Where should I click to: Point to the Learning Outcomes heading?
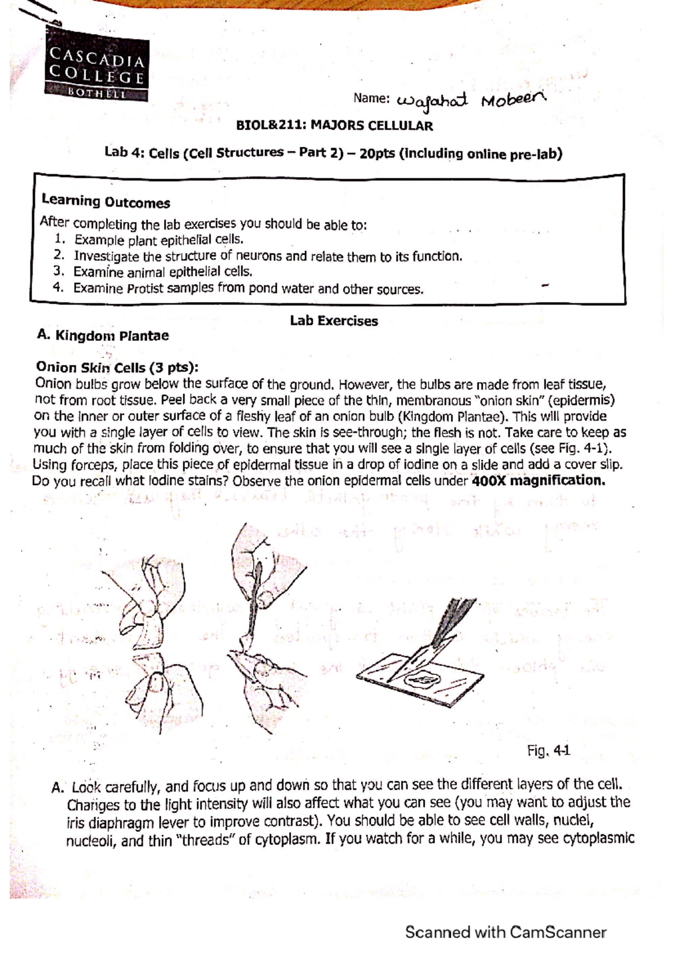(x=105, y=201)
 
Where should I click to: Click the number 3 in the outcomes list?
(x=57, y=271)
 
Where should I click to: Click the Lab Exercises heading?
(x=334, y=321)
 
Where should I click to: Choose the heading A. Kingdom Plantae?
(x=102, y=336)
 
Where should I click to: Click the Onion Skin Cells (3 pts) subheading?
(x=116, y=367)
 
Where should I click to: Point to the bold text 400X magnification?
(x=538, y=481)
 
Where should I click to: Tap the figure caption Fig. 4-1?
(x=548, y=750)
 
